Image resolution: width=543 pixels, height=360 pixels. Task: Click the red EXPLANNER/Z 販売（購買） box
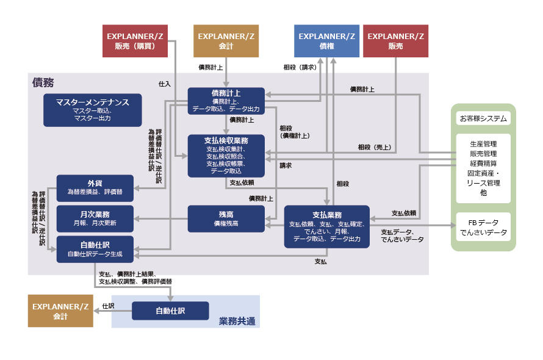(134, 41)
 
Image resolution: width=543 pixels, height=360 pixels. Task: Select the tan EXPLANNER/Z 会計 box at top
(227, 41)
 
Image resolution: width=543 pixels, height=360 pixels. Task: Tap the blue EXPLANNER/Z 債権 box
(326, 41)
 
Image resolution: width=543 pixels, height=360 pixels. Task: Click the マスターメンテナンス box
(92, 110)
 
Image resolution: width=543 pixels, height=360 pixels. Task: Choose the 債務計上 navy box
(226, 101)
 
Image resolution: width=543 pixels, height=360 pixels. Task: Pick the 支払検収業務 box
(226, 156)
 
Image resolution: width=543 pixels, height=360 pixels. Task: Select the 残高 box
(226, 218)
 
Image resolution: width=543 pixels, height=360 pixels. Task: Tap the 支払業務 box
(326, 226)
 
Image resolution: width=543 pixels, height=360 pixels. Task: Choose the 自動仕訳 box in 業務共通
(170, 311)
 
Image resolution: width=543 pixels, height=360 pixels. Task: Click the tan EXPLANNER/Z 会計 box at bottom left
(60, 311)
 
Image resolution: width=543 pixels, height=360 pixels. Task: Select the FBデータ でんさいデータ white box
(483, 227)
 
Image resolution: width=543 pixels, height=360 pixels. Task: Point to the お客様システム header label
(483, 118)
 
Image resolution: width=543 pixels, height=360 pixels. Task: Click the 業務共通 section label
(237, 321)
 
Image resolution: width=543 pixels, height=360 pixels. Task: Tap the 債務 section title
(43, 82)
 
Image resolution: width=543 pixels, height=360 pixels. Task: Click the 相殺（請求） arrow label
(299, 67)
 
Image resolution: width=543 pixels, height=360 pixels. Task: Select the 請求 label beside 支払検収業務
(286, 165)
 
